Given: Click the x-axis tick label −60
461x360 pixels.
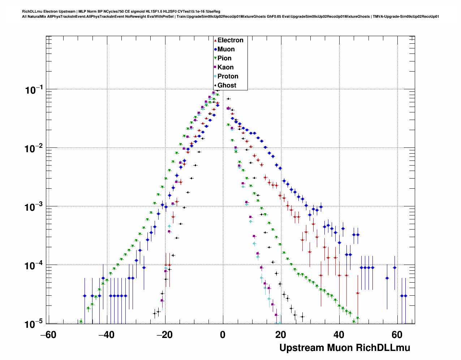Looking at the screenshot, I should coord(48,335).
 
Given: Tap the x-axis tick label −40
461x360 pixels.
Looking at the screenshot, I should coord(106,335).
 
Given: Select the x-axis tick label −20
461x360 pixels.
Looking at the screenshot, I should coord(164,335).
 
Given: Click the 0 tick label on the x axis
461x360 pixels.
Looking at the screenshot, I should coord(223,335).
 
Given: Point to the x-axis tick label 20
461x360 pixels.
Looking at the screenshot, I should coord(281,335).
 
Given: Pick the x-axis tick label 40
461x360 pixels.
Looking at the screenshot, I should coord(339,335).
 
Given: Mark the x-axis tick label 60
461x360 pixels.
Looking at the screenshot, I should coord(397,335).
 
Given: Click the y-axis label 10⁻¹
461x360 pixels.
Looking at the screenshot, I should coord(34,90).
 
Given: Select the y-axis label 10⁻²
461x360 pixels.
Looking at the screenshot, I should coord(34,149).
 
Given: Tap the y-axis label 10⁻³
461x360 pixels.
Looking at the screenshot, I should coord(34,207).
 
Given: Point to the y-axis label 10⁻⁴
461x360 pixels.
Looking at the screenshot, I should coord(34,266).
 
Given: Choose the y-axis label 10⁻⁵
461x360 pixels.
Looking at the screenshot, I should coord(34,324).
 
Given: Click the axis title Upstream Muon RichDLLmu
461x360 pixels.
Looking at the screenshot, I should coord(345,348).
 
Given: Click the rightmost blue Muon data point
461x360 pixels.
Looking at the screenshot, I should coord(405,296).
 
